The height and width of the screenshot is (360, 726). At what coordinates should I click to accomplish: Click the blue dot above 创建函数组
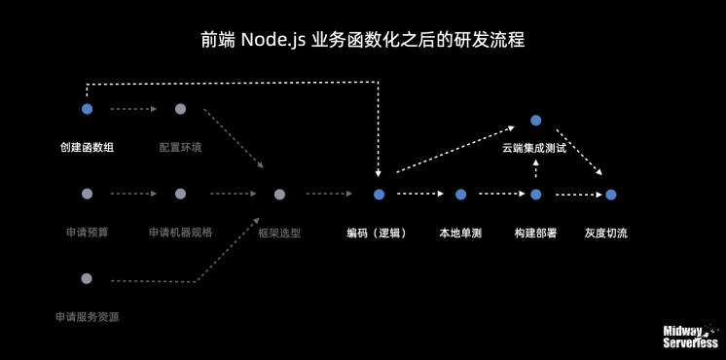87,109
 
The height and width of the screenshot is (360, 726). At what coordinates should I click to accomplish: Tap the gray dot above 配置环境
180,109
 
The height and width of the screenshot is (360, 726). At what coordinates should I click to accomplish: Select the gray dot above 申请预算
87,194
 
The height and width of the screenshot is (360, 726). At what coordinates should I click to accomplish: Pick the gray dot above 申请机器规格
180,194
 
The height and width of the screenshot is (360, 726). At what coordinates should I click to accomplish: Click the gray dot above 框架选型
279,195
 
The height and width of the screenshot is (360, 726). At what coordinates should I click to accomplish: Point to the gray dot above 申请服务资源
87,279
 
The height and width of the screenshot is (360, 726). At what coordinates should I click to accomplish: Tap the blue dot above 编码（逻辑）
379,195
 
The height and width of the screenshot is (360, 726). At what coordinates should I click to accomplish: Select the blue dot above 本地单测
460,195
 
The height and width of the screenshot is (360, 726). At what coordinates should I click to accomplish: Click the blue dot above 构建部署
535,195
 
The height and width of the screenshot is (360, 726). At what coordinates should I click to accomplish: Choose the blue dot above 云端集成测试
535,120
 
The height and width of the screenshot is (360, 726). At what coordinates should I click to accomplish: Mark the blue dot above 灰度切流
611,195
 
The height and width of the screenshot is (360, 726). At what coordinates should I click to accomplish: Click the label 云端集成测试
534,149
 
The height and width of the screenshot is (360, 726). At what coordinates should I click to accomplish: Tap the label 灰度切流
606,234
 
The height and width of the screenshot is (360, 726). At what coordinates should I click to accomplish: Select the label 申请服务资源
88,317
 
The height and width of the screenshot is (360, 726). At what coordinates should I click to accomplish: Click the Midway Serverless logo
690,337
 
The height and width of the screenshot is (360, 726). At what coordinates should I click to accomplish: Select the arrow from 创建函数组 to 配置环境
133,109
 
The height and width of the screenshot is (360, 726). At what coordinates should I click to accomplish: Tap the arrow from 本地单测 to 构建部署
498,194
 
